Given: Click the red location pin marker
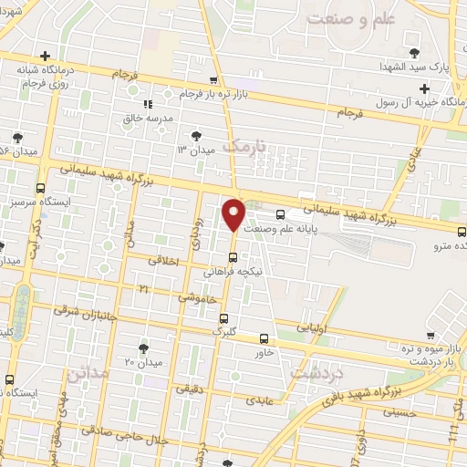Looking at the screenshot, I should point(233,215).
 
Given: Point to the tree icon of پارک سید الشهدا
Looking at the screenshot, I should point(415,52).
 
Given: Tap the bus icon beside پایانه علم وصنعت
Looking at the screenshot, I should point(279,215).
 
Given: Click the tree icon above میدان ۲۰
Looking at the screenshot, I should point(142,348).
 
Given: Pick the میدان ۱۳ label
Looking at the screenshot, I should point(194,147).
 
